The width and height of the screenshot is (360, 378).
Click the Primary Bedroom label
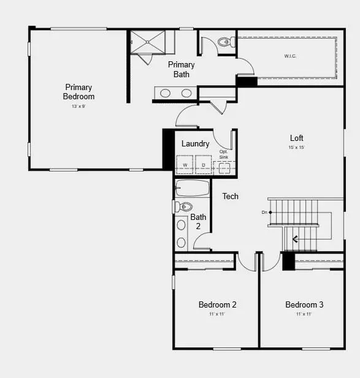[x=80, y=92]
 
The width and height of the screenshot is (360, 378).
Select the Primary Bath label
[x=181, y=69]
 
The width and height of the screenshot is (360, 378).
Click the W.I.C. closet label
[x=289, y=56]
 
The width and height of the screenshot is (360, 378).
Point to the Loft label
[x=297, y=138]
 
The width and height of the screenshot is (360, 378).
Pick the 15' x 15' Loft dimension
[x=297, y=148]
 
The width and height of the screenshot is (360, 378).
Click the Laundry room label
[x=196, y=144]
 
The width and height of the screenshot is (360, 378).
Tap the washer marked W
[x=184, y=165]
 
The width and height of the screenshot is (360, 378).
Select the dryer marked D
[x=203, y=165]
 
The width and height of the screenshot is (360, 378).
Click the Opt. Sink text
[x=224, y=154]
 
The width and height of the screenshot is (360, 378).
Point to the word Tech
[x=231, y=196]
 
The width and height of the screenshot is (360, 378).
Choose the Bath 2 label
[x=198, y=221]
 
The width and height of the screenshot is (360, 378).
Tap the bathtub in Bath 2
[x=193, y=187]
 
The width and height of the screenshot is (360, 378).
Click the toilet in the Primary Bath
[x=225, y=42]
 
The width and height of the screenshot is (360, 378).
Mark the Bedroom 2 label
[x=217, y=304]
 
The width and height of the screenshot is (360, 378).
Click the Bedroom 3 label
[x=304, y=304]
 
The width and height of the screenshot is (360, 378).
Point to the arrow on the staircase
[x=296, y=239]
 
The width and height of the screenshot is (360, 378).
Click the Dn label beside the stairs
[x=264, y=212]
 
